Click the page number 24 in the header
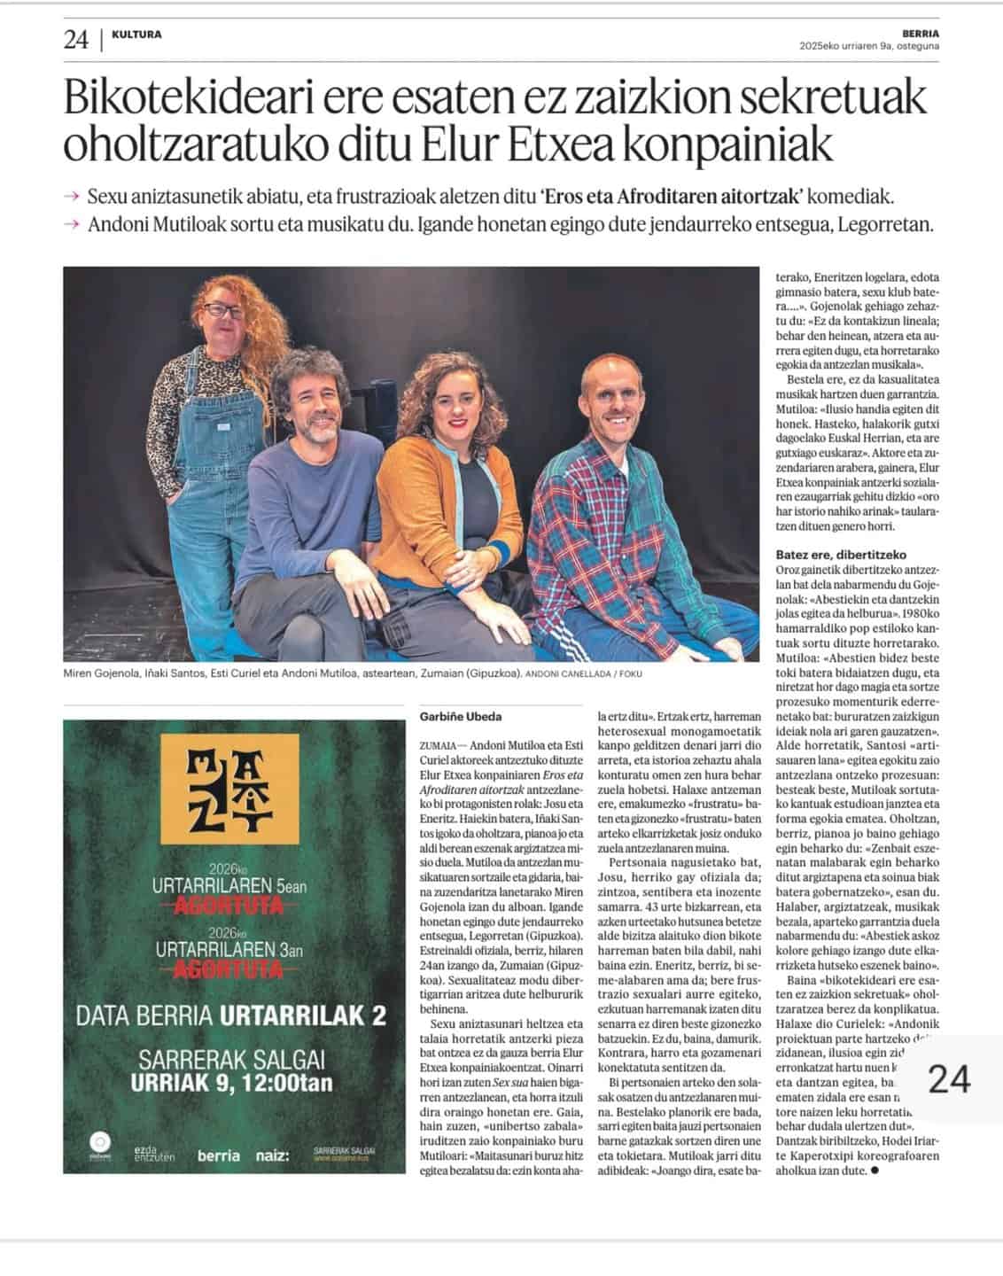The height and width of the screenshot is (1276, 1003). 75,40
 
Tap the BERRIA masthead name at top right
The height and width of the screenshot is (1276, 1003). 921,34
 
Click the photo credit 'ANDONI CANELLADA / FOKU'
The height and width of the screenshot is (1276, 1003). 583,674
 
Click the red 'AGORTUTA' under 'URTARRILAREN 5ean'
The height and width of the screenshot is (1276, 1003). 234,906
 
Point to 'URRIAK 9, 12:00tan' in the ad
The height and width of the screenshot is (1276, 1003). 232,1082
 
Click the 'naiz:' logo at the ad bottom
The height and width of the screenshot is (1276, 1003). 274,1155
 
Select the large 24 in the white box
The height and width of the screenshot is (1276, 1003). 948,1079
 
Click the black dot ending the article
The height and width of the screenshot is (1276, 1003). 875,1171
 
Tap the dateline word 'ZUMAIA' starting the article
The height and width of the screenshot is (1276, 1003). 438,746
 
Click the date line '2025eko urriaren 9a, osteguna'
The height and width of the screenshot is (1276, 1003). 868,46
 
